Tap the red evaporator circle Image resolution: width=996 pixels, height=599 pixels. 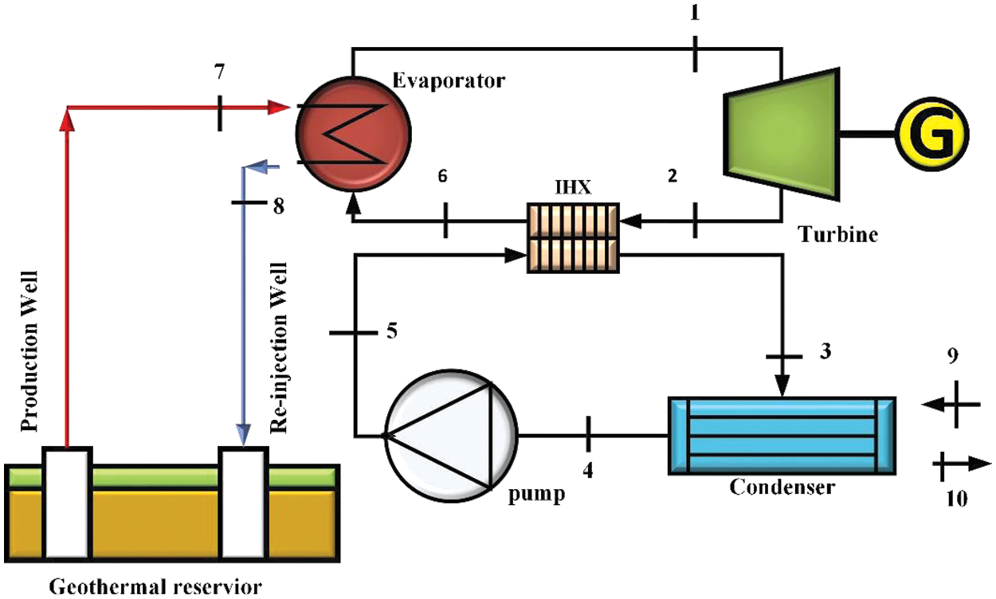[353, 133]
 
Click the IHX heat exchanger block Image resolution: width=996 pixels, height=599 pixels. [573, 238]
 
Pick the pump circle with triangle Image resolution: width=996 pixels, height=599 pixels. [450, 436]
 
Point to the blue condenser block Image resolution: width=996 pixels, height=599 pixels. [781, 436]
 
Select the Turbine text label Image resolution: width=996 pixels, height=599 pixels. [837, 235]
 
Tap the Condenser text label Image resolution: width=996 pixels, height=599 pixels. [782, 487]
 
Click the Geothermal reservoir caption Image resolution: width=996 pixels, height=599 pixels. [155, 588]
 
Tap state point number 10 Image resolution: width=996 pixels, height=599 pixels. [956, 499]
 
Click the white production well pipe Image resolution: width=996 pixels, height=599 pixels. [67, 502]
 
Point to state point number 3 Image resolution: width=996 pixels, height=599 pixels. [825, 350]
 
